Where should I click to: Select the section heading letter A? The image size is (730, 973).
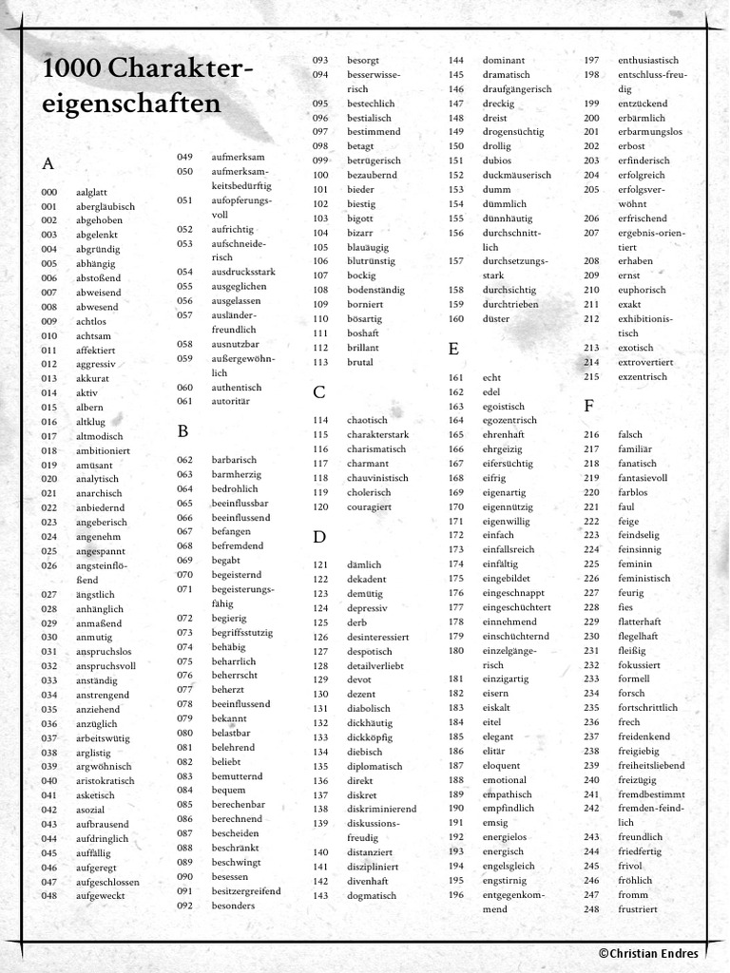pyautogui.click(x=48, y=163)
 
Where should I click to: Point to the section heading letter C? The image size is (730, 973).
pyautogui.click(x=319, y=391)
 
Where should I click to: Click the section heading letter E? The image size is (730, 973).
pyautogui.click(x=453, y=349)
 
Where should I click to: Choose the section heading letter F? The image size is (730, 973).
pyautogui.click(x=588, y=406)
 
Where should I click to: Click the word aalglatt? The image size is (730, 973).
pyautogui.click(x=91, y=192)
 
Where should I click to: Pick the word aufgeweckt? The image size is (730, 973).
pyautogui.click(x=100, y=895)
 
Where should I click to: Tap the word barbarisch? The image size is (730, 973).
pyautogui.click(x=234, y=459)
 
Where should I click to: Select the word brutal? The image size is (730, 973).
pyautogui.click(x=360, y=362)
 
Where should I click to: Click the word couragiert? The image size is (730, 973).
pyautogui.click(x=369, y=506)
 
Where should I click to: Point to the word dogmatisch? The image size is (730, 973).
pyautogui.click(x=372, y=895)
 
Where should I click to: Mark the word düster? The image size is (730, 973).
pyautogui.click(x=496, y=318)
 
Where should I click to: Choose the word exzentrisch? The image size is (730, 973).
pyautogui.click(x=643, y=376)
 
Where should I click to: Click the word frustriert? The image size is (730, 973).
pyautogui.click(x=638, y=908)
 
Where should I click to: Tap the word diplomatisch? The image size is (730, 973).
pyautogui.click(x=375, y=766)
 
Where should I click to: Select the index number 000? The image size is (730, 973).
pyautogui.click(x=48, y=192)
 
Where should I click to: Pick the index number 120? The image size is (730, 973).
pyautogui.click(x=320, y=506)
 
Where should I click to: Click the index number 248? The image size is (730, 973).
pyautogui.click(x=591, y=908)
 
